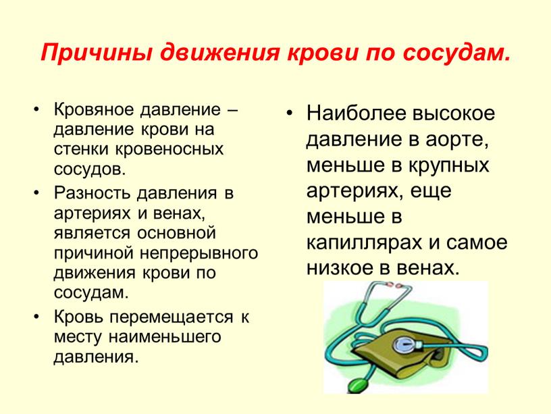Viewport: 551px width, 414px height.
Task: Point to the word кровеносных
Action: point(169,149)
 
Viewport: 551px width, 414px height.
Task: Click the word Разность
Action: point(92,193)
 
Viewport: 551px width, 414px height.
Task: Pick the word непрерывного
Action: point(199,253)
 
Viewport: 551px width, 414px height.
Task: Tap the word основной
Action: point(176,233)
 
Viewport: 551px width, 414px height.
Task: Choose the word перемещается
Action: point(172,317)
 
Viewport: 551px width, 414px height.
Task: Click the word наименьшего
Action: point(165,337)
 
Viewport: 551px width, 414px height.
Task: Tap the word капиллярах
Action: point(364,243)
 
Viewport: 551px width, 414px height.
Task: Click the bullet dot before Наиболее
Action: point(289,113)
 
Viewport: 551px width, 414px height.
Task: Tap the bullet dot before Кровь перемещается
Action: point(36,317)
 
